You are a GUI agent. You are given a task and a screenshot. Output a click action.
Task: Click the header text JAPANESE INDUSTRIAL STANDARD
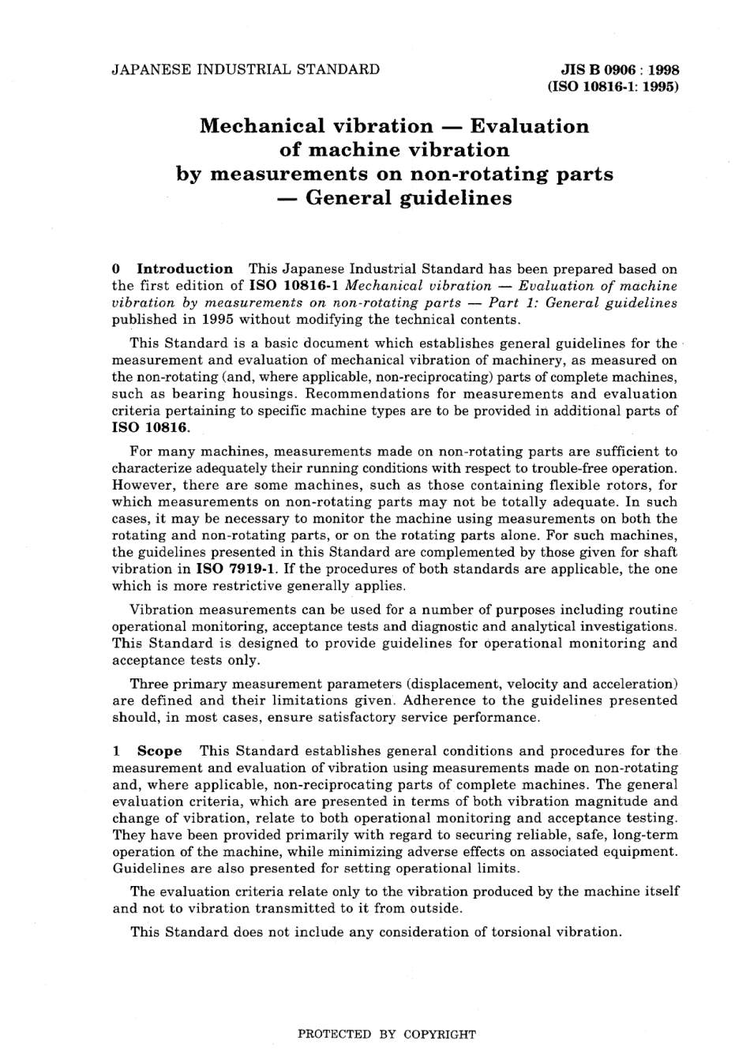pyautogui.click(x=246, y=69)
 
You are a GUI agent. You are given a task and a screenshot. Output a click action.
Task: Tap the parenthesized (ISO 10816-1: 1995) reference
pyautogui.click(x=613, y=87)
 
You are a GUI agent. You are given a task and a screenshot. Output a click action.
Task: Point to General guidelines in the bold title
pyautogui.click(x=408, y=197)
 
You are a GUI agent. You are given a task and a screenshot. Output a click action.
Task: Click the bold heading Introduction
pyautogui.click(x=185, y=268)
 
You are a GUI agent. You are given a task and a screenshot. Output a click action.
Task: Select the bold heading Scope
pyautogui.click(x=159, y=751)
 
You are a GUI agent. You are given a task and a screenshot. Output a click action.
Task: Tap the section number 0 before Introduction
pyautogui.click(x=116, y=268)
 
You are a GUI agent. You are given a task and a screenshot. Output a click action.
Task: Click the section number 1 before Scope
pyautogui.click(x=116, y=751)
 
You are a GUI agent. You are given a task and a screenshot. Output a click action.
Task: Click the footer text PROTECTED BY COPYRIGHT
pyautogui.click(x=386, y=1034)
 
